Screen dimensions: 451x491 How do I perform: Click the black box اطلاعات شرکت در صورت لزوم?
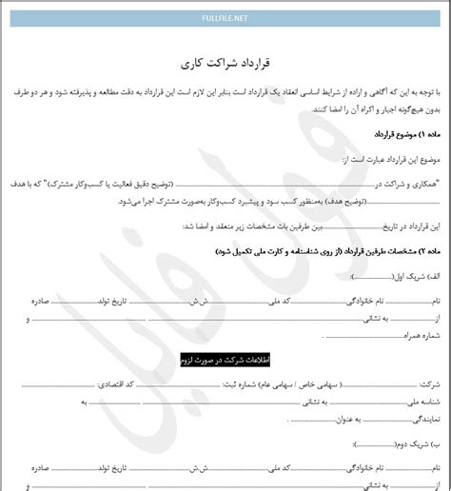tap(225, 361)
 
